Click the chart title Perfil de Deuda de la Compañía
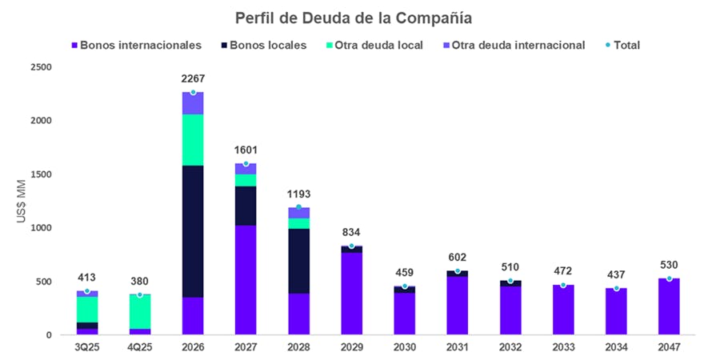[x=354, y=17]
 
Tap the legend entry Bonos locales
[x=268, y=46]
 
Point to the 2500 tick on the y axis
[x=40, y=67]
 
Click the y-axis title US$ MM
[x=22, y=202]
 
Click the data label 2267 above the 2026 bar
[x=193, y=79]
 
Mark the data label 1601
[x=246, y=150]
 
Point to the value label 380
[x=140, y=282]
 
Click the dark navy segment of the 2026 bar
[x=193, y=232]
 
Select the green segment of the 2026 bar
[x=193, y=140]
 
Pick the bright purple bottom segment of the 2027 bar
[x=246, y=280]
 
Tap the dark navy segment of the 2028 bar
[x=298, y=261]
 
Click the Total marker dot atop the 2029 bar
[x=351, y=246]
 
